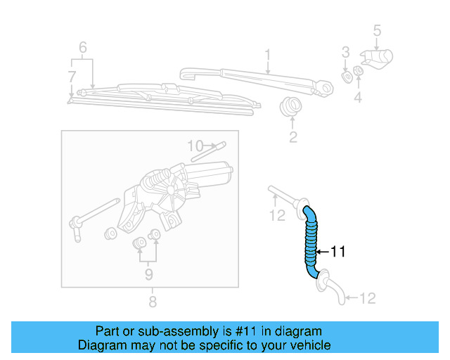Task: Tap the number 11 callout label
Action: pyautogui.click(x=338, y=252)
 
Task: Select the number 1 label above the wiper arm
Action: pyautogui.click(x=268, y=54)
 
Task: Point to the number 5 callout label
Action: pyautogui.click(x=377, y=30)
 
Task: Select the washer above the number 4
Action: pyautogui.click(x=358, y=72)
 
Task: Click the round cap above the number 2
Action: pyautogui.click(x=290, y=108)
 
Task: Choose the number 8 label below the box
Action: pyautogui.click(x=152, y=302)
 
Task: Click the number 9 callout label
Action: pyautogui.click(x=148, y=274)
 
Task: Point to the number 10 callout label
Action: pyautogui.click(x=195, y=146)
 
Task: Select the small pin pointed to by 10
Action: pyautogui.click(x=218, y=146)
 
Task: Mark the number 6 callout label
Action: pyautogui.click(x=83, y=49)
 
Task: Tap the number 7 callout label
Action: pyautogui.click(x=71, y=76)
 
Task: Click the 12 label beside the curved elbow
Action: pyautogui.click(x=367, y=298)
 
